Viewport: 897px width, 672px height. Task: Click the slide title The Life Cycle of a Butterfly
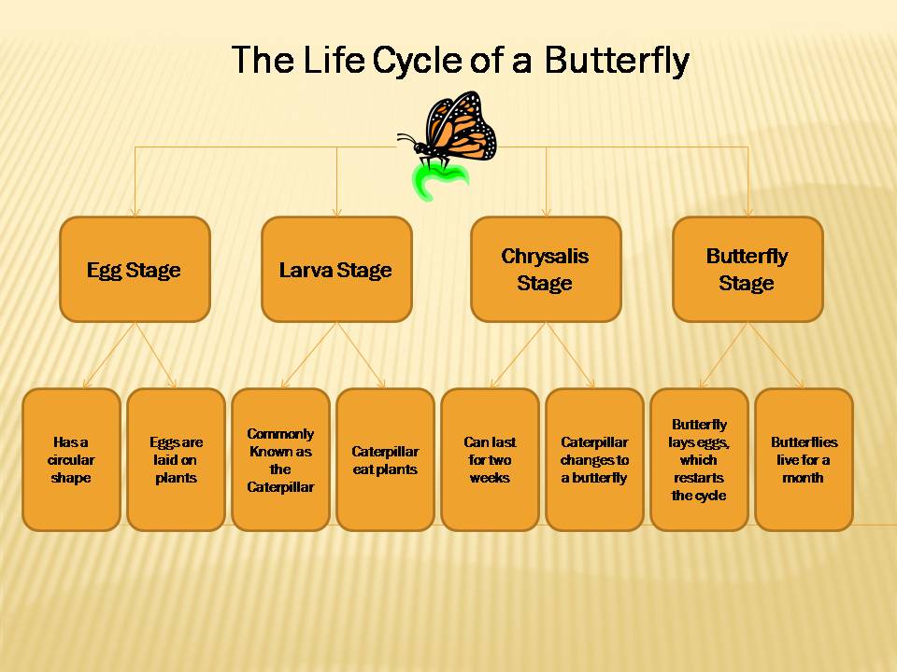click(460, 61)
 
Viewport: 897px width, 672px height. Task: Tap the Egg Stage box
click(135, 270)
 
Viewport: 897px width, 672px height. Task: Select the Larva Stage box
click(335, 270)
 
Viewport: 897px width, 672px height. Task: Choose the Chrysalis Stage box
click(546, 270)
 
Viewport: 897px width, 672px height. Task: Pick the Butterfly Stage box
click(747, 270)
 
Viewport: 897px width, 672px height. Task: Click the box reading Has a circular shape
click(72, 460)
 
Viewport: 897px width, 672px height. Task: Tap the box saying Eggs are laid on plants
click(176, 460)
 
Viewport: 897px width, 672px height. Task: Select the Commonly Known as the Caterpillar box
click(280, 460)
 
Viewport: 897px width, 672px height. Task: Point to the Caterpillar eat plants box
click(385, 460)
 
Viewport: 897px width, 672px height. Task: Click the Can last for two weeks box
click(490, 460)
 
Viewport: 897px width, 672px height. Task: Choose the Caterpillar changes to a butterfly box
click(594, 460)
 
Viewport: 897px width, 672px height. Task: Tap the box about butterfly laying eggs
click(699, 460)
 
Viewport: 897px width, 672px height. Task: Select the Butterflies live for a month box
click(804, 460)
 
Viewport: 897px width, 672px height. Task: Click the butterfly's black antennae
click(407, 141)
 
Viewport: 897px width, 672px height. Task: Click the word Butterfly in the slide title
click(617, 61)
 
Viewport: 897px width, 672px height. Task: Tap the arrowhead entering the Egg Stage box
click(135, 212)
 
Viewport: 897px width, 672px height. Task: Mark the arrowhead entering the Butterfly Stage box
click(747, 212)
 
